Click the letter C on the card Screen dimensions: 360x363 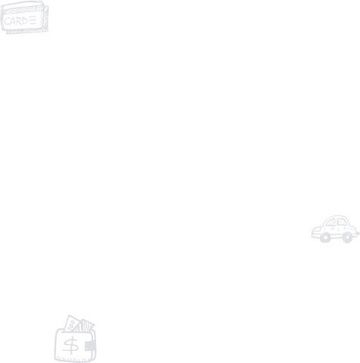pos(8,22)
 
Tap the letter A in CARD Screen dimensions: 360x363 pos(14,22)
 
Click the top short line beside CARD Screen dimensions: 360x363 pos(33,17)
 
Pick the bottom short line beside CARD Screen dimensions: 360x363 pos(33,23)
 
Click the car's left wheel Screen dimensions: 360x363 pos(325,237)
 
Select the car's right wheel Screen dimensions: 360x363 pos(347,237)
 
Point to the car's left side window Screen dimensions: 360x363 pos(331,222)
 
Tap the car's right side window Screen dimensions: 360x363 pos(342,222)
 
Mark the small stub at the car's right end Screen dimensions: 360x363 pos(358,234)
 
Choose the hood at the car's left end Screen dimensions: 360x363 pos(318,231)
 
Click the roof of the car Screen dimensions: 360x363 pos(337,216)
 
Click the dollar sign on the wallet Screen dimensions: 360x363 pos(71,346)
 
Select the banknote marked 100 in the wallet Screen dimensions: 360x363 pos(72,324)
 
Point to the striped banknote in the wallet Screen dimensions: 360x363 pos(85,326)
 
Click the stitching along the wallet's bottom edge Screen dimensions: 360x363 pos(75,358)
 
